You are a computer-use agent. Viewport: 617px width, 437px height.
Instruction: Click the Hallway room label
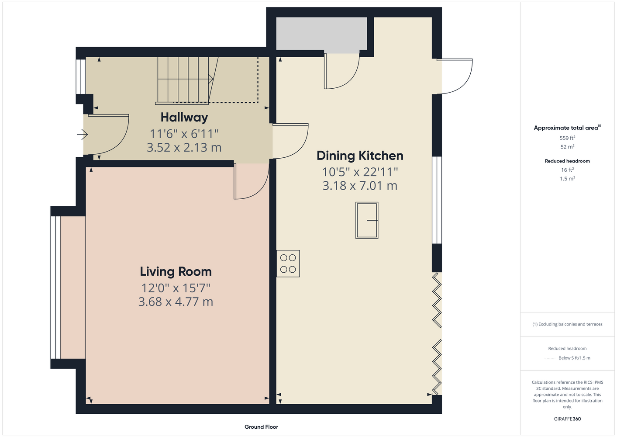click(184, 118)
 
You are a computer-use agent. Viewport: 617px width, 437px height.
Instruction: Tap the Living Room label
click(176, 271)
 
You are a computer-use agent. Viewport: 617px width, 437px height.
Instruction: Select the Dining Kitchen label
click(360, 156)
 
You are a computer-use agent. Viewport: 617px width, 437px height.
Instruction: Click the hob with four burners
click(288, 264)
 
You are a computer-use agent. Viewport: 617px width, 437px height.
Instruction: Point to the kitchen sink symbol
click(367, 220)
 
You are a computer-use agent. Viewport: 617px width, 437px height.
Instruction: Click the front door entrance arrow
click(82, 135)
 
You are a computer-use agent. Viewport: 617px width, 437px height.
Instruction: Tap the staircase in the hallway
click(187, 80)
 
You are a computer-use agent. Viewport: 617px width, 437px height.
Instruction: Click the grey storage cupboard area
click(321, 34)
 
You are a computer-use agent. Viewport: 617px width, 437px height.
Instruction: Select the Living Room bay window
click(55, 288)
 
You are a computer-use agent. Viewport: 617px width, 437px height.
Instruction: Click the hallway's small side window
click(81, 76)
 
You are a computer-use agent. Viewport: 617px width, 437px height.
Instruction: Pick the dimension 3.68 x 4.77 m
click(176, 302)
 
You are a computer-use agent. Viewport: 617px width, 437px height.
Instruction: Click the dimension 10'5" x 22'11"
click(360, 172)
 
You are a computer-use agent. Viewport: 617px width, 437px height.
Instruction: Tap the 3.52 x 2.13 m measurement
click(184, 148)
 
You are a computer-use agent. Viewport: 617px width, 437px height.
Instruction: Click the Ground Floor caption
click(261, 427)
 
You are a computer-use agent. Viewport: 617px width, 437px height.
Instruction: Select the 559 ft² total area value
click(567, 138)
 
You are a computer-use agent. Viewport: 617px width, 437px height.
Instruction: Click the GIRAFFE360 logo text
click(567, 419)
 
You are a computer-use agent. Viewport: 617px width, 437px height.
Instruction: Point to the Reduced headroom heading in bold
click(567, 161)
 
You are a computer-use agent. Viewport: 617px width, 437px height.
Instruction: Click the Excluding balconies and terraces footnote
click(567, 324)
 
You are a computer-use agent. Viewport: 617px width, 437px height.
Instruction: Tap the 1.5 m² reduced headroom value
click(567, 179)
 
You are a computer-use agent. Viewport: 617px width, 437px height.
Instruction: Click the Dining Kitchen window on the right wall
click(437, 200)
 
